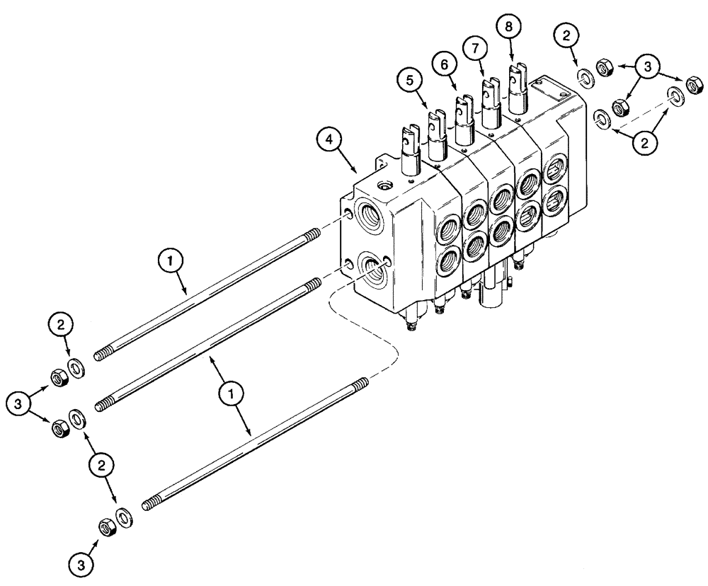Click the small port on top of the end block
[x=387, y=186]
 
